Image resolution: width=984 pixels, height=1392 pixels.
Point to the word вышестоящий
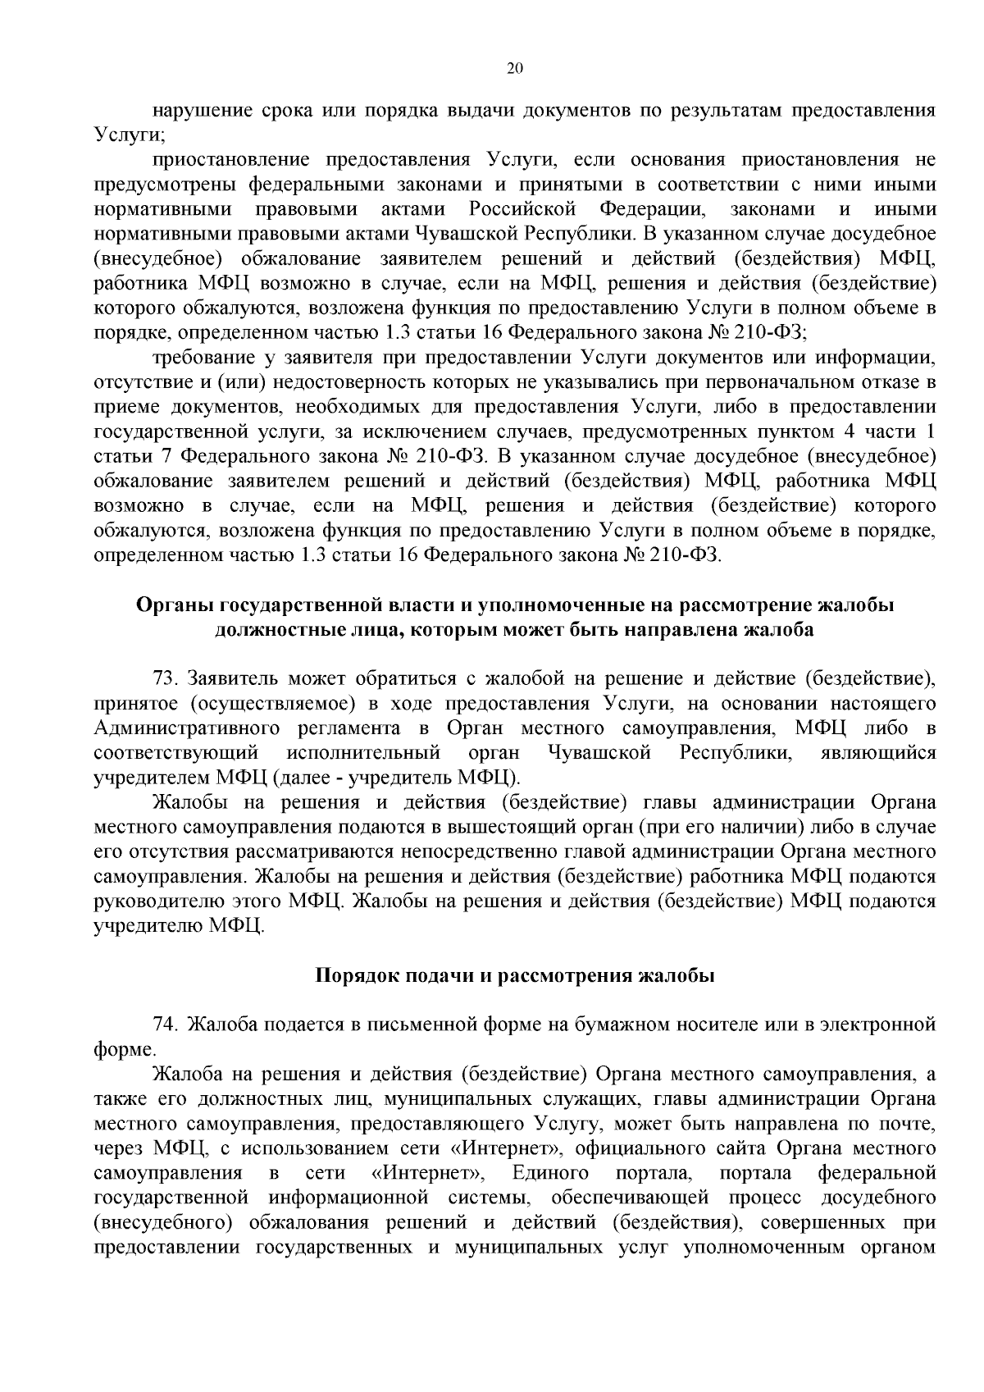click(446, 827)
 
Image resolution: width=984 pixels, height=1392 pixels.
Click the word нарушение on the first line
click(203, 110)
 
